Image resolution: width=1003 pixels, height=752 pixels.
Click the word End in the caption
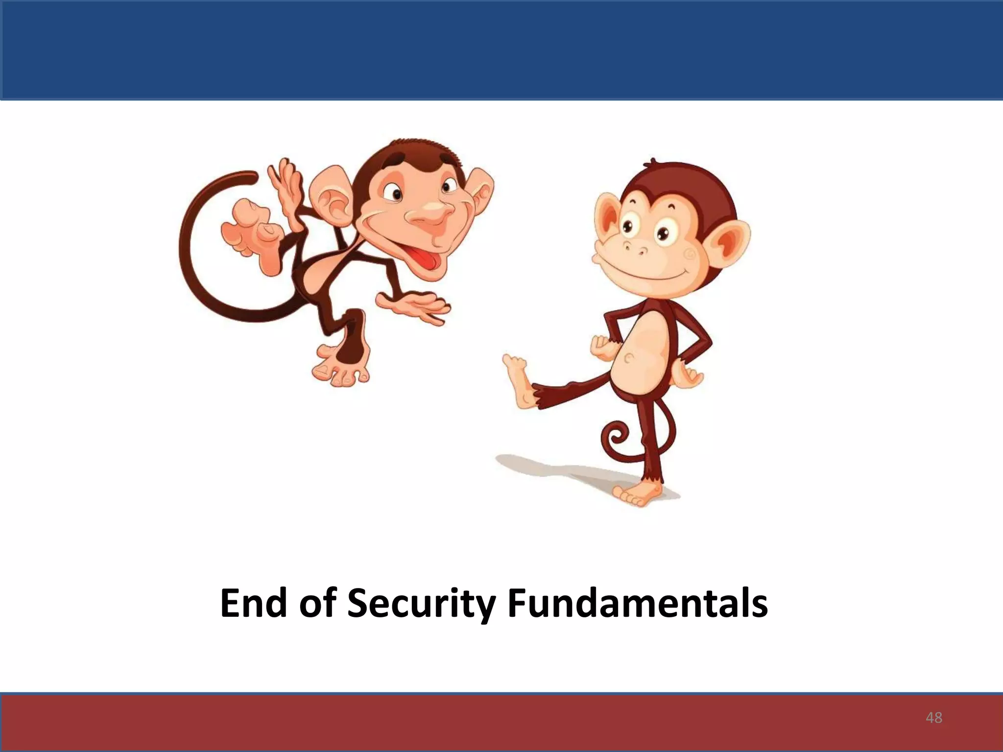(x=253, y=603)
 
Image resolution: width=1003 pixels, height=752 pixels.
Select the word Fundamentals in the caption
(x=637, y=603)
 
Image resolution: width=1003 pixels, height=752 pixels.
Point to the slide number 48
(x=934, y=718)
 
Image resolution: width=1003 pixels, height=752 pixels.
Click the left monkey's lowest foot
(x=340, y=368)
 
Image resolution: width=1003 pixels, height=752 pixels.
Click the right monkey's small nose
(x=637, y=250)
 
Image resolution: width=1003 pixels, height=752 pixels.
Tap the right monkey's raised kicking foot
(x=518, y=379)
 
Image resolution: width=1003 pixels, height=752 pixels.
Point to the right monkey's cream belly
(x=642, y=352)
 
